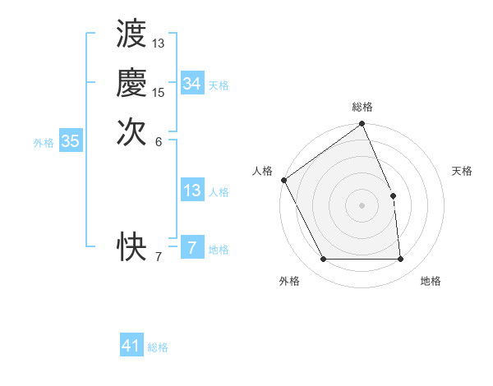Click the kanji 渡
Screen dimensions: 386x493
[131, 34]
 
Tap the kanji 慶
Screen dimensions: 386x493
[131, 84]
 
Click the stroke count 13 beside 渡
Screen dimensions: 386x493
[159, 43]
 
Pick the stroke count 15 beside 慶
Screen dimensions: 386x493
[159, 92]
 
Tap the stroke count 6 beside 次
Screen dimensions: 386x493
[159, 141]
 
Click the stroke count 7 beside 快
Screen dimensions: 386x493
[159, 257]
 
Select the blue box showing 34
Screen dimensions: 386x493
[191, 84]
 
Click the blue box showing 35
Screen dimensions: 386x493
[70, 141]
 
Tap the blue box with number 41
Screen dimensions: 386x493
[131, 346]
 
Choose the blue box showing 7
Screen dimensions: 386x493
[191, 248]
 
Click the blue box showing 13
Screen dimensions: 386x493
[191, 191]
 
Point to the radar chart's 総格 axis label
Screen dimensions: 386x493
[362, 107]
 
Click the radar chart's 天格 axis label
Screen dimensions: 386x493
[463, 171]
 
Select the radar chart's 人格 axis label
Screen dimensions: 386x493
[263, 171]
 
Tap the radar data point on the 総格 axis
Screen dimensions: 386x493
[362, 125]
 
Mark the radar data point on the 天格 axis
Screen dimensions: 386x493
[393, 195]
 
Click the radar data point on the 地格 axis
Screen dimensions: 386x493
[401, 260]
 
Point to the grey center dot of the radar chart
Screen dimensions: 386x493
[362, 205]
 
